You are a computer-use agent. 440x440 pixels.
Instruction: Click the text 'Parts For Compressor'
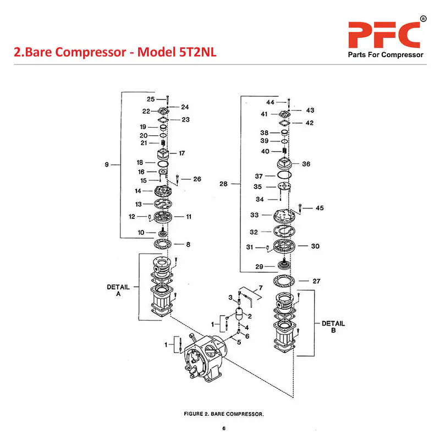pyautogui.click(x=385, y=55)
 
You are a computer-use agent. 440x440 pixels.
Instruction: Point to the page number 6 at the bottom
pyautogui.click(x=224, y=428)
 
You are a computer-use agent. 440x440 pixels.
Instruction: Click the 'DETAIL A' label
pyautogui.click(x=118, y=290)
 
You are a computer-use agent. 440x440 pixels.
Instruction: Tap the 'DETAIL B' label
pyautogui.click(x=333, y=327)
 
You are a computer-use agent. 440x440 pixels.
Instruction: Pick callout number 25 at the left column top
pyautogui.click(x=150, y=99)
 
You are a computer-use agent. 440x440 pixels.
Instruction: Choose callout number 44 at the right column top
pyautogui.click(x=270, y=102)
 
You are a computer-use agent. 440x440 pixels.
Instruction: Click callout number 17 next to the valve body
pyautogui.click(x=182, y=153)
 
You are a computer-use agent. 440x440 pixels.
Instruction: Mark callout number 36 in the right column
pyautogui.click(x=306, y=164)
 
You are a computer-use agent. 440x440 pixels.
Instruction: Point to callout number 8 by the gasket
pyautogui.click(x=188, y=244)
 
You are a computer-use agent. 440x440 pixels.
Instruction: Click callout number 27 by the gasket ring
pyautogui.click(x=316, y=281)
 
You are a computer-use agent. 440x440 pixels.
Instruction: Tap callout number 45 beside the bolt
pyautogui.click(x=320, y=208)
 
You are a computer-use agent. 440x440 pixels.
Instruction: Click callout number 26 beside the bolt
pyautogui.click(x=197, y=179)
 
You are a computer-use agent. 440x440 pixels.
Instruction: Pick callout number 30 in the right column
pyautogui.click(x=315, y=246)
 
